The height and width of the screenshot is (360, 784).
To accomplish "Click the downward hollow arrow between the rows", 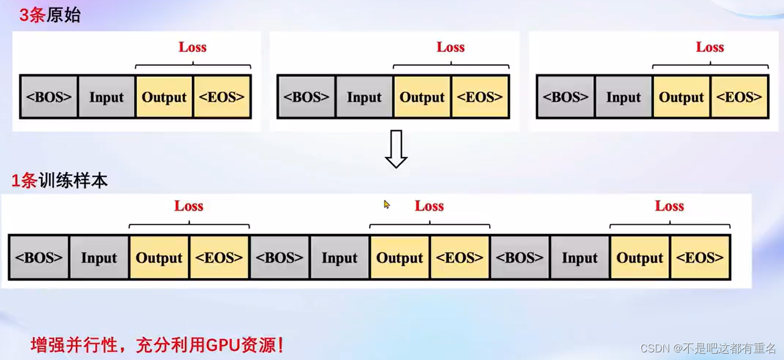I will (x=396, y=149).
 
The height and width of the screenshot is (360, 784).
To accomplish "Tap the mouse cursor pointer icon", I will (x=387, y=204).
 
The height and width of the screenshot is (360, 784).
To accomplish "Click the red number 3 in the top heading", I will (x=24, y=15).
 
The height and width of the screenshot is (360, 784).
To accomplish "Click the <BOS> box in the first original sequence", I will (x=49, y=97).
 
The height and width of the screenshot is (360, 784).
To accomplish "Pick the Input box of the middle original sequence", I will (x=364, y=97).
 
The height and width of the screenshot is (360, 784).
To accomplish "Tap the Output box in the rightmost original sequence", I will (x=681, y=97).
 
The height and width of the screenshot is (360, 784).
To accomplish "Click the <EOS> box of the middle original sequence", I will (x=480, y=97).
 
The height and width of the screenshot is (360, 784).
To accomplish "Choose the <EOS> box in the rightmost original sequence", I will (x=739, y=97).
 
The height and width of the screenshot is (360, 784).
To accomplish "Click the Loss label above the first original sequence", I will (x=192, y=47).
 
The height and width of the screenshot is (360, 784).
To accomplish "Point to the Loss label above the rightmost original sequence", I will (x=710, y=47).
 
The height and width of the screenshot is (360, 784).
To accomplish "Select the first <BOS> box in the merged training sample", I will (x=39, y=258).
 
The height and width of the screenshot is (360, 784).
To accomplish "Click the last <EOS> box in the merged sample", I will (x=700, y=258).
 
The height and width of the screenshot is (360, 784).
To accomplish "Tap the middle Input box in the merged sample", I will (x=340, y=258).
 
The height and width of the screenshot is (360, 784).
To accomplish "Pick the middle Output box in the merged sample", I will (x=400, y=258).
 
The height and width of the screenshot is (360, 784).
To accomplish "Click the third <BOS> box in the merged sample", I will (x=520, y=258).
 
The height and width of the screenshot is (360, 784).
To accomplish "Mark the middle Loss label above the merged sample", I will (x=429, y=206).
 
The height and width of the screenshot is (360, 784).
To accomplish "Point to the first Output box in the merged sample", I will (x=159, y=258).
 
